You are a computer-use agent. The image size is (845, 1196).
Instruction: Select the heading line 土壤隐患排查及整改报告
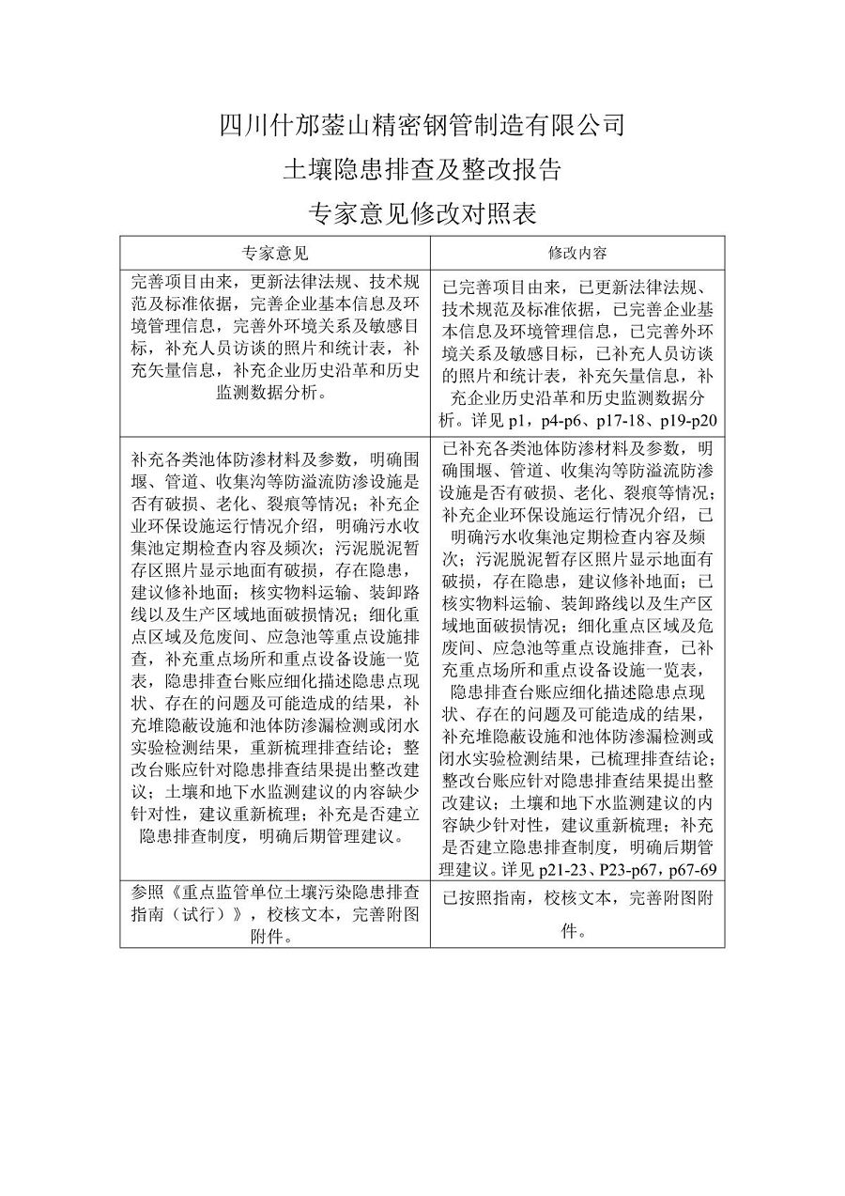422,169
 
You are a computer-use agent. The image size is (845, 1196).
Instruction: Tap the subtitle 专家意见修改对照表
422,214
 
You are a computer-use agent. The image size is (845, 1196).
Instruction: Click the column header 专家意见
275,254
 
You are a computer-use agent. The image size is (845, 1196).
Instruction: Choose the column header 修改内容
577,254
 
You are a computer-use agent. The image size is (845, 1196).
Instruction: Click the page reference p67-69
689,868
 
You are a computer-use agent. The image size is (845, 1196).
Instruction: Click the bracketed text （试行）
196,914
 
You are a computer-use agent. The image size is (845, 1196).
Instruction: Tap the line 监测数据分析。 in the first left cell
275,395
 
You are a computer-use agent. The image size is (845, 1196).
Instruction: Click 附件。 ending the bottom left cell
275,937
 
